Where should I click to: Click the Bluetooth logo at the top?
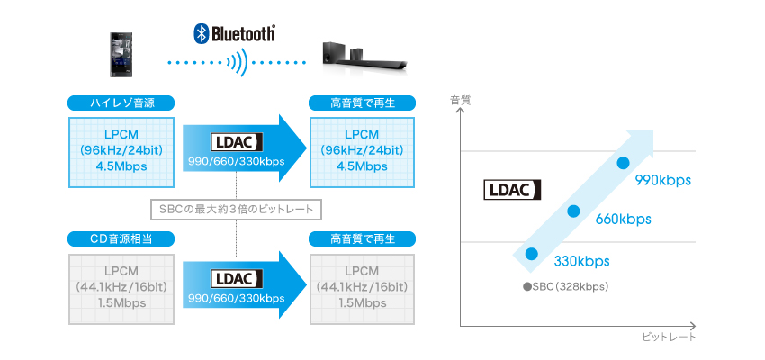[235, 34]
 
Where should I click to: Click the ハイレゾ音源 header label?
[121, 103]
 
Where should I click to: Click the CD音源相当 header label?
[121, 238]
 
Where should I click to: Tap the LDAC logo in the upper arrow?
[235, 142]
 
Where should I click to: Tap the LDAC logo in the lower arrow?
[235, 278]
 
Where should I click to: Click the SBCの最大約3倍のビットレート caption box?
[235, 210]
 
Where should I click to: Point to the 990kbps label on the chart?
[662, 180]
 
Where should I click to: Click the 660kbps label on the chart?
[623, 219]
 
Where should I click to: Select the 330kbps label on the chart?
[581, 261]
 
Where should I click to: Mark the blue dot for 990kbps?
[622, 163]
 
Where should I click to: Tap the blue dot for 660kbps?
[572, 211]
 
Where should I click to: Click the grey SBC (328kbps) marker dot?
[527, 287]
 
